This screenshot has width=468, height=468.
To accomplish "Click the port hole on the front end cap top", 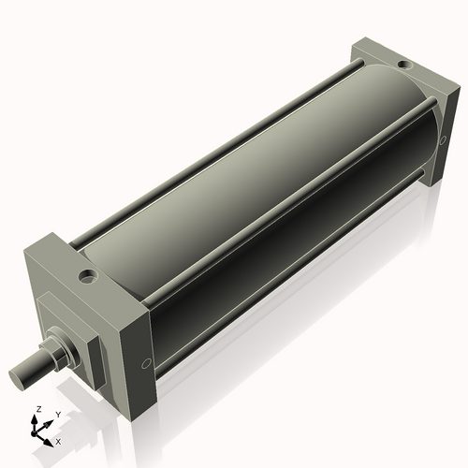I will (x=88, y=276).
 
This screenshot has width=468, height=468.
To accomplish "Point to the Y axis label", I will (x=57, y=414).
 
